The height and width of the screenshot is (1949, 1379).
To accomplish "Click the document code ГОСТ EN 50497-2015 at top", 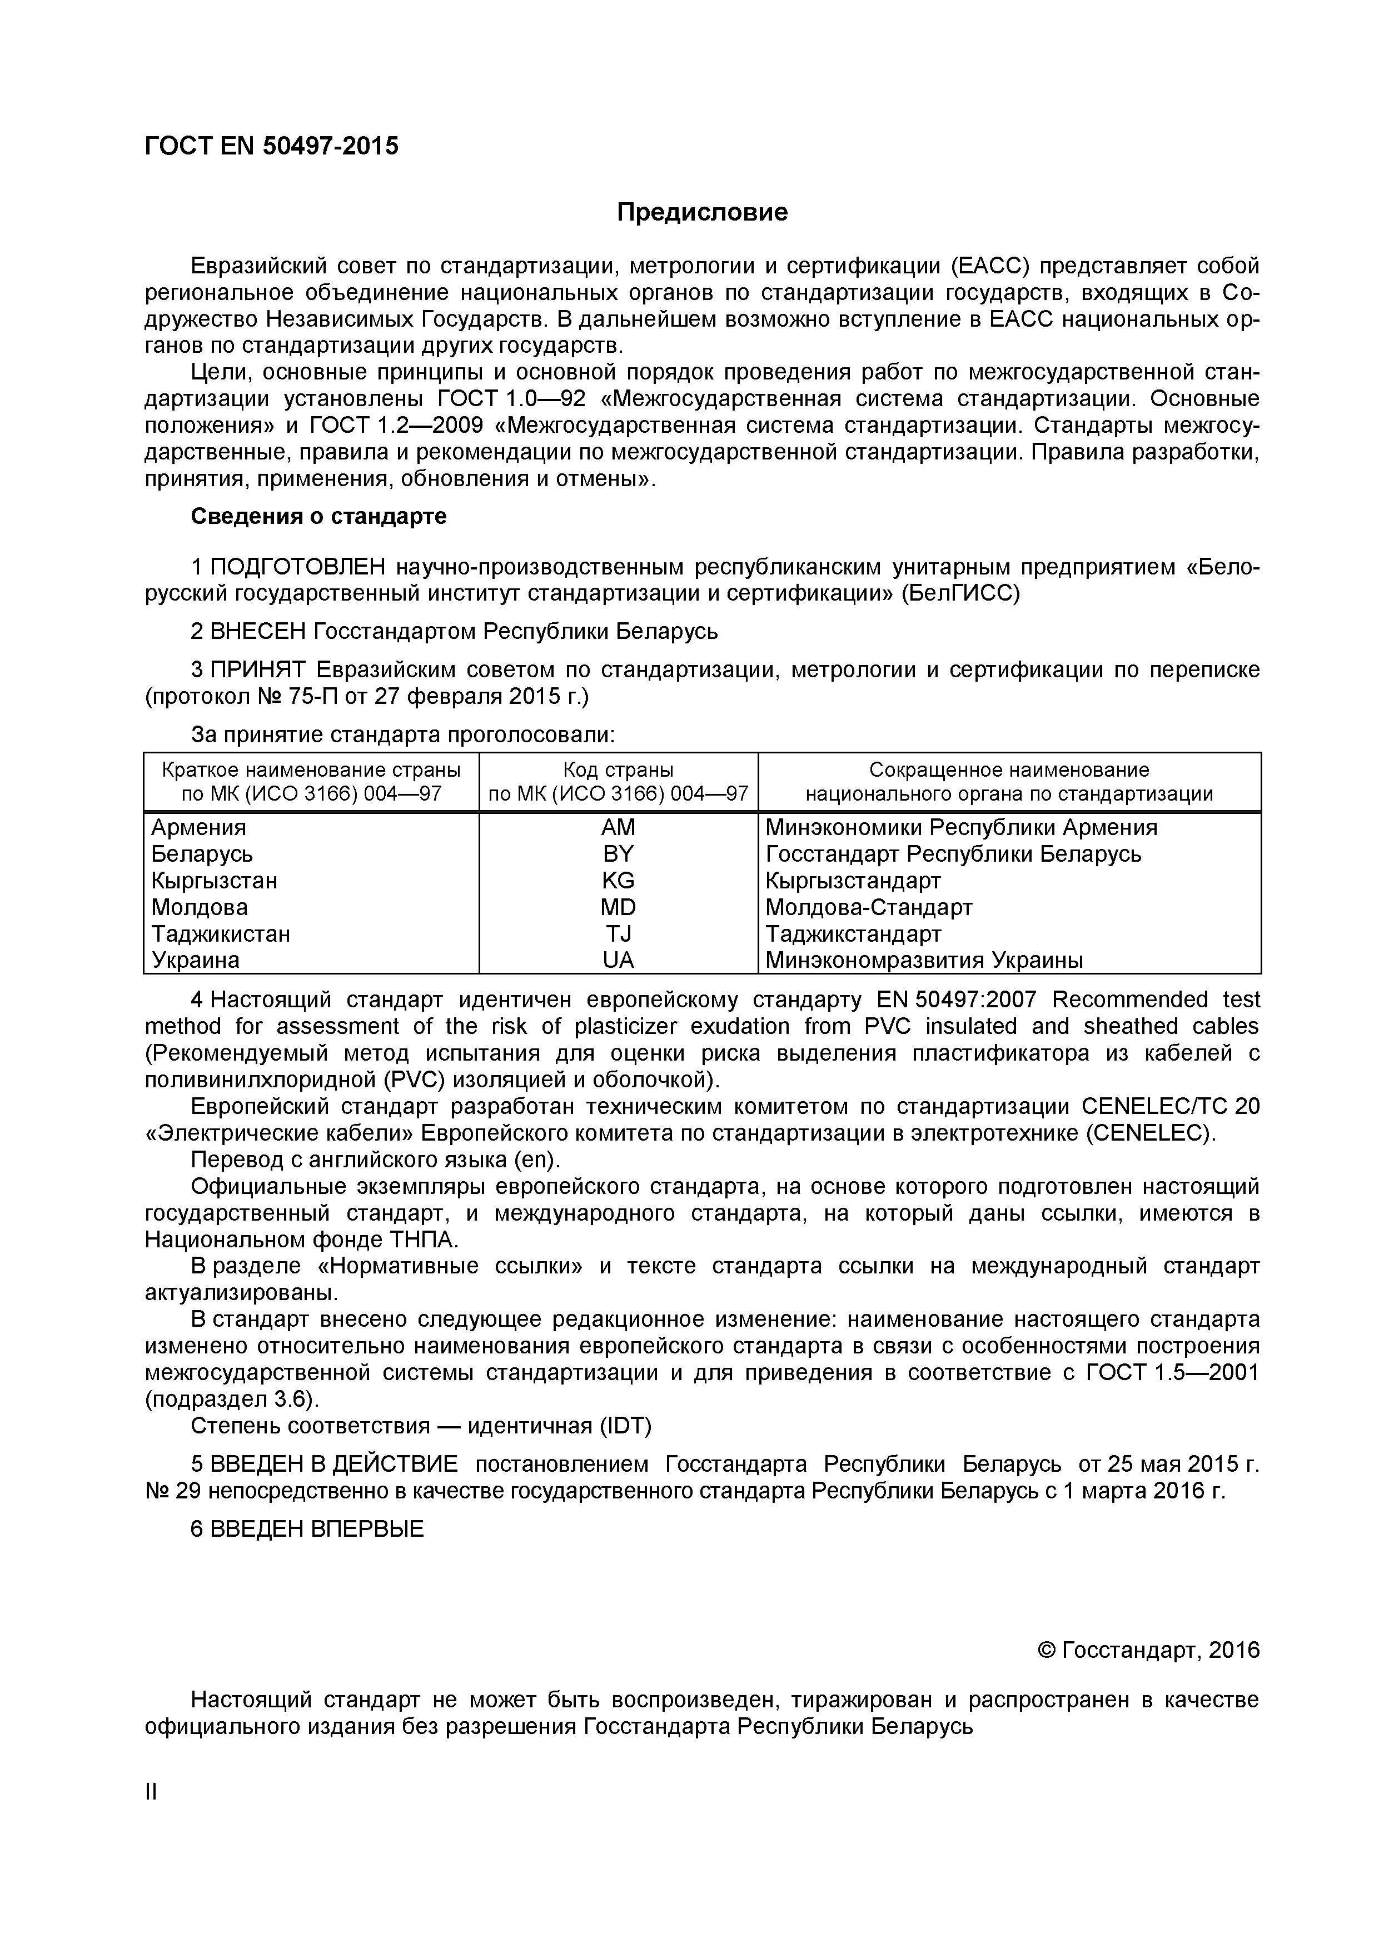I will click(x=271, y=147).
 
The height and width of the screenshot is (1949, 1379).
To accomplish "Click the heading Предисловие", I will click(x=701, y=212).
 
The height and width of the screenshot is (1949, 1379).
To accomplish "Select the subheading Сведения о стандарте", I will click(x=318, y=516).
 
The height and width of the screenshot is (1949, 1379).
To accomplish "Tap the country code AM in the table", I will click(x=618, y=828).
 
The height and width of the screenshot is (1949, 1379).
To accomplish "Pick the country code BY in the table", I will click(x=618, y=854).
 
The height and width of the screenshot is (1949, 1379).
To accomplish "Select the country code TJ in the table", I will click(x=618, y=934).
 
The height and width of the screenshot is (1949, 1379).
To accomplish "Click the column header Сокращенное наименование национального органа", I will click(x=1009, y=782).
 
